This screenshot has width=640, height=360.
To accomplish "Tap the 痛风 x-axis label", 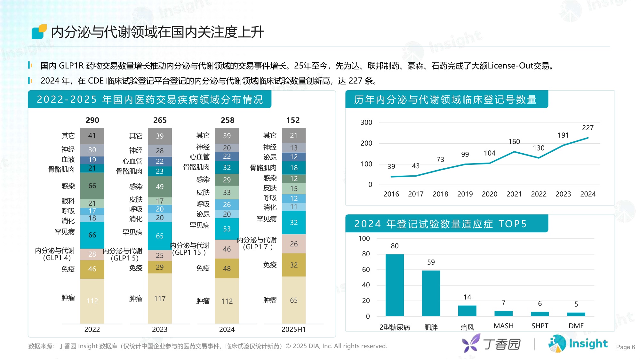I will coord(467,327).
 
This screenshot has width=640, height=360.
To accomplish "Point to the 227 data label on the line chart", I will coord(588,128).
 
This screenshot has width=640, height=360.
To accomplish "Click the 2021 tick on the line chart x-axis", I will coord(514,194).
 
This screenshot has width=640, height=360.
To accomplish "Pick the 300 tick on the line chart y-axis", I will coord(366,122).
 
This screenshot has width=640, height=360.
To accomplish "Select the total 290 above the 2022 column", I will coord(92,120).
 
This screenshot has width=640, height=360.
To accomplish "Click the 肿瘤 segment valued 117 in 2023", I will coord(160,298).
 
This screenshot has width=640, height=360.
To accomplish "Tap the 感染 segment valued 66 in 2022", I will coord(92,186).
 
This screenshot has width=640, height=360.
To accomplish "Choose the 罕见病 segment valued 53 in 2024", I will coord(227,228).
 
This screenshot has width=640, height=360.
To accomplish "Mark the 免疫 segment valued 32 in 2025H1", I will coord(293,265).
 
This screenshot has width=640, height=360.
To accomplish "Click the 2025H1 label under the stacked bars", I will coord(293,329).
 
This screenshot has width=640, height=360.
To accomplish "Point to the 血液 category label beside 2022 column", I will coord(68,159).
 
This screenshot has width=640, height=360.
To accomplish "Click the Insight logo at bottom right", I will coord(578,344).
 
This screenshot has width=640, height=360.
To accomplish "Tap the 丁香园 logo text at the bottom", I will coord(501,344).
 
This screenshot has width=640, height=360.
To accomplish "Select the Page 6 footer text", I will coord(625,347).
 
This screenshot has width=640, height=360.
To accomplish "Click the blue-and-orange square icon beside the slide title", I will coord(39,32).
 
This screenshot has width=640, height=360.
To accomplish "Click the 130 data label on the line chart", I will coord(538,148).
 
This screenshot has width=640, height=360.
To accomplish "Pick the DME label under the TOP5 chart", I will coord(576,326).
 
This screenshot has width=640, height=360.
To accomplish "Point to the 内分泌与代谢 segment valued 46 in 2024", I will coord(227,249).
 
